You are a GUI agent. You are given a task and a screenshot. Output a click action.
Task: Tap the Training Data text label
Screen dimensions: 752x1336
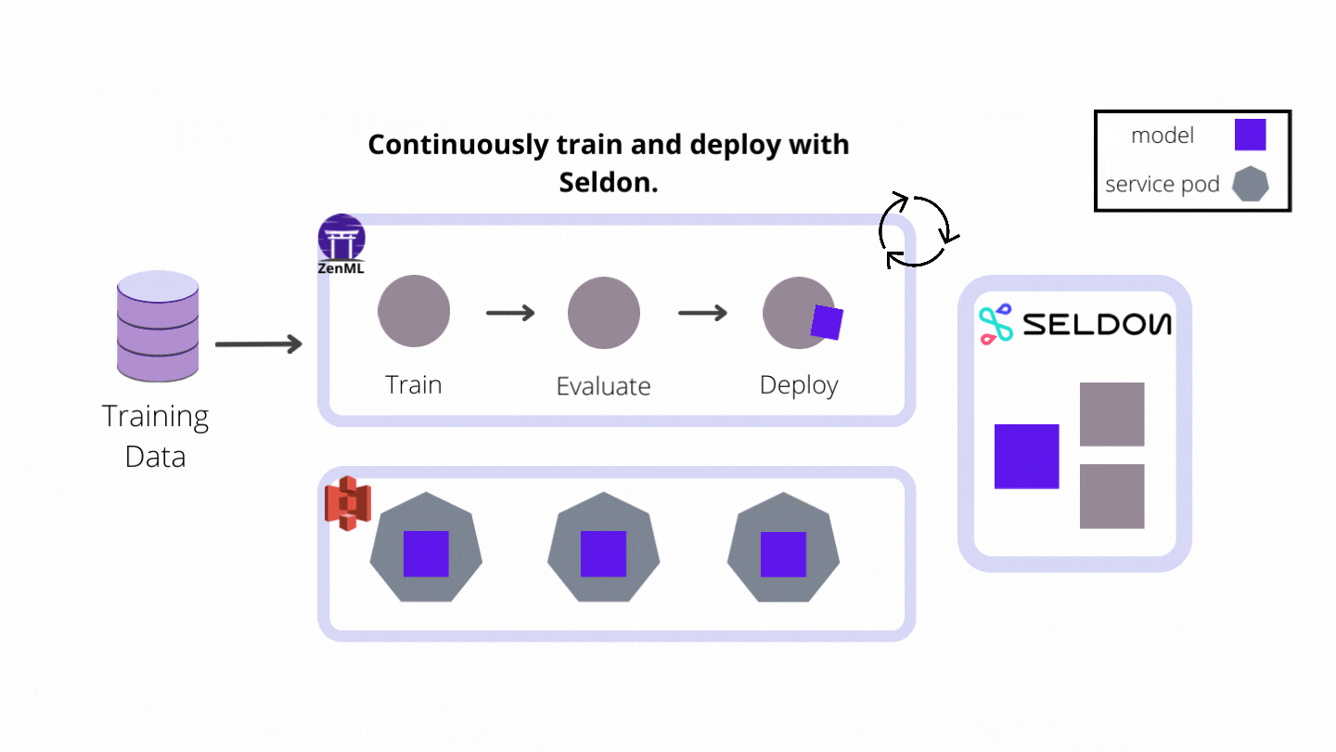tap(156, 435)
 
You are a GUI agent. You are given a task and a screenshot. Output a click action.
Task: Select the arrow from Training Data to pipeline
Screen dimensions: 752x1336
tap(259, 344)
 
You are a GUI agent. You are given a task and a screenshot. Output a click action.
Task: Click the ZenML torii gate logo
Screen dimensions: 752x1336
tap(341, 239)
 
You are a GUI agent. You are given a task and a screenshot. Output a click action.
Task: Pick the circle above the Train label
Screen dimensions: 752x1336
tap(414, 312)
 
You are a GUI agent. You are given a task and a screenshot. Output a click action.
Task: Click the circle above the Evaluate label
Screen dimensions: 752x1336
tap(604, 312)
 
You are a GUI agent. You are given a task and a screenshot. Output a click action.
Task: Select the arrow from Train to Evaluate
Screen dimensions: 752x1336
tap(510, 313)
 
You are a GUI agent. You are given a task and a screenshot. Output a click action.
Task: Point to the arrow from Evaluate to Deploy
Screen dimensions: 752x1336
tap(702, 313)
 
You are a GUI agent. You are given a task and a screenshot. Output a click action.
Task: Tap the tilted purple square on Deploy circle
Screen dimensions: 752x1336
tap(826, 322)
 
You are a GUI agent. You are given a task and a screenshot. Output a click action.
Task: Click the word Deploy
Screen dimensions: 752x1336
tap(799, 384)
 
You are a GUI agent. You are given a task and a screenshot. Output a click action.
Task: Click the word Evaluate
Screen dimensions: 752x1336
tap(603, 386)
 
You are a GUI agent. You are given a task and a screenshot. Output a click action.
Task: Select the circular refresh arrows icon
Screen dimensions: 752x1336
tap(915, 230)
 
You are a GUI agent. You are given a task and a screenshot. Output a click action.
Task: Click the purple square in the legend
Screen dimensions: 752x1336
tap(1250, 135)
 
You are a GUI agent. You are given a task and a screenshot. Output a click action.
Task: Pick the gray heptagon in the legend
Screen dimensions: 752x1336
tap(1250, 184)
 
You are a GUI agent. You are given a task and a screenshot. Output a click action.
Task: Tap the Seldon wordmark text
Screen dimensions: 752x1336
tap(1097, 324)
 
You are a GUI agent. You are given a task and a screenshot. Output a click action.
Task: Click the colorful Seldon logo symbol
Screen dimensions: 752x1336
tap(996, 326)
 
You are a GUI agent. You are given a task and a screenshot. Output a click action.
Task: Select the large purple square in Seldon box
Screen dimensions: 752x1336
tap(1026, 456)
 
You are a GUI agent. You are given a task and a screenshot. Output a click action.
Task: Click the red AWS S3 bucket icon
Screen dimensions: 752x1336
tap(347, 503)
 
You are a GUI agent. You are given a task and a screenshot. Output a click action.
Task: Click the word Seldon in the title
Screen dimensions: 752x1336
tap(608, 183)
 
